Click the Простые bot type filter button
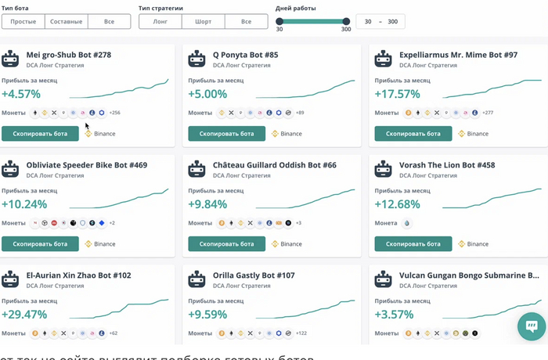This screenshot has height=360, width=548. pos(23,21)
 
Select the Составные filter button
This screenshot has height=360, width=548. pos(66,21)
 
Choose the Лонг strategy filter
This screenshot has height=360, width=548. pos(160,21)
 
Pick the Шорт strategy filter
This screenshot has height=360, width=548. pos(203,21)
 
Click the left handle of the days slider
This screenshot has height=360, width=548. pos(279,21)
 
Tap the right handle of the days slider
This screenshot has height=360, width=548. pos(346,21)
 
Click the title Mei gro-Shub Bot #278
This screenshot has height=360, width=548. pos(69,56)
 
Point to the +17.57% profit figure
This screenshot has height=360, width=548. pos(397,94)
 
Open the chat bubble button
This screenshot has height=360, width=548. pos(531,326)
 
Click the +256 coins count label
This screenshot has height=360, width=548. pos(114,113)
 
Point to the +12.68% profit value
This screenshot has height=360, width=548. pos(397,204)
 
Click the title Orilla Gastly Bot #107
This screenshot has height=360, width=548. pos(254,275)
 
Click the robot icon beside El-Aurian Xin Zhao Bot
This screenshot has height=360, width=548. pos(11,279)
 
